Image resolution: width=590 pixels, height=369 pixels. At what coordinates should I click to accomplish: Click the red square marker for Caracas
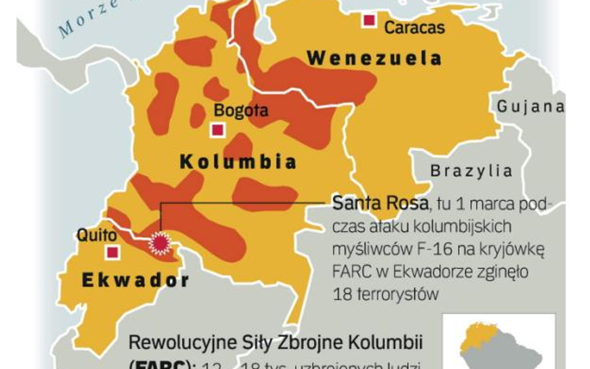[x=369, y=21]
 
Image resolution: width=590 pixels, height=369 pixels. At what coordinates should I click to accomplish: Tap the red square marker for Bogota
[x=217, y=130]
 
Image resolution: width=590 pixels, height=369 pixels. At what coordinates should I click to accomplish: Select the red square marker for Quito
[x=113, y=252]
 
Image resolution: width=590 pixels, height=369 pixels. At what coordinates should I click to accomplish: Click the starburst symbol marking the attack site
[x=161, y=243]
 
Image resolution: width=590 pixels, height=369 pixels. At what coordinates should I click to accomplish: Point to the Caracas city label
[x=414, y=27]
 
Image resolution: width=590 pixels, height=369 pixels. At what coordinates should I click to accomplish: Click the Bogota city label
[x=241, y=111]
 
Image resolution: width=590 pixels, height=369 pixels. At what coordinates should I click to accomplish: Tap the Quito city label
[x=96, y=235]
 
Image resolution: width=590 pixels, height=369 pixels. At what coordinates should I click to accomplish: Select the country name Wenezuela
[x=375, y=59]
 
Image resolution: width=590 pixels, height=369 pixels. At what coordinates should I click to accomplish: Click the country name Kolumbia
[x=238, y=162]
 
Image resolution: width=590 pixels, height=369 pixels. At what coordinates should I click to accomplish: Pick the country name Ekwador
[x=135, y=280]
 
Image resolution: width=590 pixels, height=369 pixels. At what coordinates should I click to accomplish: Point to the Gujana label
[x=530, y=106]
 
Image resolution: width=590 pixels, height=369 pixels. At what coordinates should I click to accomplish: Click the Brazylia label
[x=471, y=170]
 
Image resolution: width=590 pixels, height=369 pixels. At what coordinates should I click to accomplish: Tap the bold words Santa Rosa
[x=380, y=203]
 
